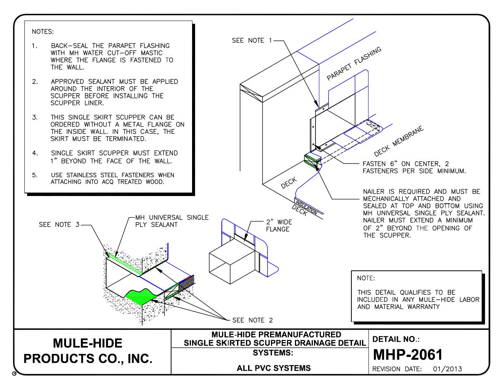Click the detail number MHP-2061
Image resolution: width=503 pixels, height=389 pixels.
(x=407, y=355)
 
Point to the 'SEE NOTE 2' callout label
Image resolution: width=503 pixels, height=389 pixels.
(x=252, y=320)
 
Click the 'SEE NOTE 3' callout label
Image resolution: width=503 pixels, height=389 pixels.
(x=59, y=225)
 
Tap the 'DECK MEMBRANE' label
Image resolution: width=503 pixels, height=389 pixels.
(x=398, y=141)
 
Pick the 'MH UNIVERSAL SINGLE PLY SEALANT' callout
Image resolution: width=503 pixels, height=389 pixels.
(x=171, y=221)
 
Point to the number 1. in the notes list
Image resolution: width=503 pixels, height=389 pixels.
(x=35, y=46)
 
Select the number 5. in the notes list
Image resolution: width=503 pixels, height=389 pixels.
(x=35, y=175)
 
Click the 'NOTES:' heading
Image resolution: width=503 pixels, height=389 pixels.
(x=43, y=31)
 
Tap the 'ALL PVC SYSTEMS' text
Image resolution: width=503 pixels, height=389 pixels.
(x=274, y=368)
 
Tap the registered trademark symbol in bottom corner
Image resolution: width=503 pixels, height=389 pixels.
(x=14, y=374)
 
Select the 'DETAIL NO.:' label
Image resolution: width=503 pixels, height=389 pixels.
(x=396, y=339)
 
